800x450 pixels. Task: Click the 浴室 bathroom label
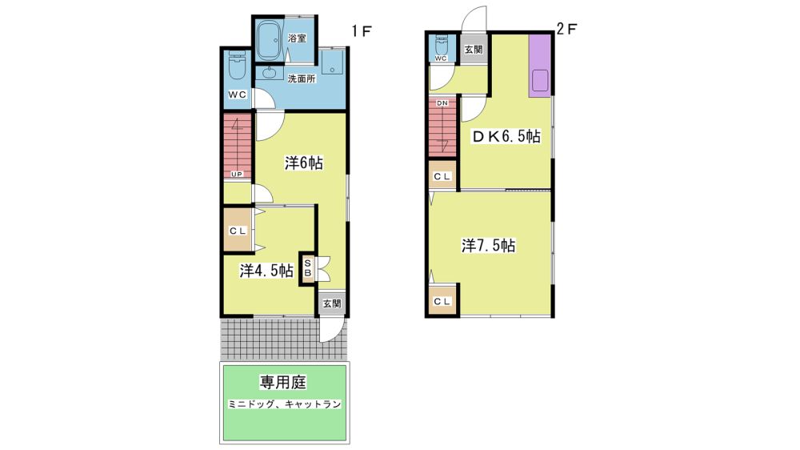coord(297,38)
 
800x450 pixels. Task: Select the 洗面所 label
coord(302,78)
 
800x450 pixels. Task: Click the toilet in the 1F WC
coord(238,65)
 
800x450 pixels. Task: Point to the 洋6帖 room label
coord(303,163)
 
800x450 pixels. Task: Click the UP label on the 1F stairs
coord(237,175)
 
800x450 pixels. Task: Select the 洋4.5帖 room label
coord(266,270)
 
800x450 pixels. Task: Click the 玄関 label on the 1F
coord(332,303)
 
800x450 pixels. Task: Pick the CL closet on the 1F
coord(238,231)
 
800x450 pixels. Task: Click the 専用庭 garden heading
coord(283,382)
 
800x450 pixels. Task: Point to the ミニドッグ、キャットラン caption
coord(284,404)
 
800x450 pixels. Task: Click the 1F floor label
coord(362,31)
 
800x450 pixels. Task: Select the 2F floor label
coord(566,29)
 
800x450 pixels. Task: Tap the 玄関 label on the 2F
coord(474,50)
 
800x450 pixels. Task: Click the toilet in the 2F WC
coord(442,45)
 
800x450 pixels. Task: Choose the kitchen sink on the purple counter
coord(540,81)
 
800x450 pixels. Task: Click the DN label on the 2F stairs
coord(442,103)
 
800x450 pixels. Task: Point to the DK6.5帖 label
coord(505,136)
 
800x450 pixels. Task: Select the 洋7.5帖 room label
coord(488,246)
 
